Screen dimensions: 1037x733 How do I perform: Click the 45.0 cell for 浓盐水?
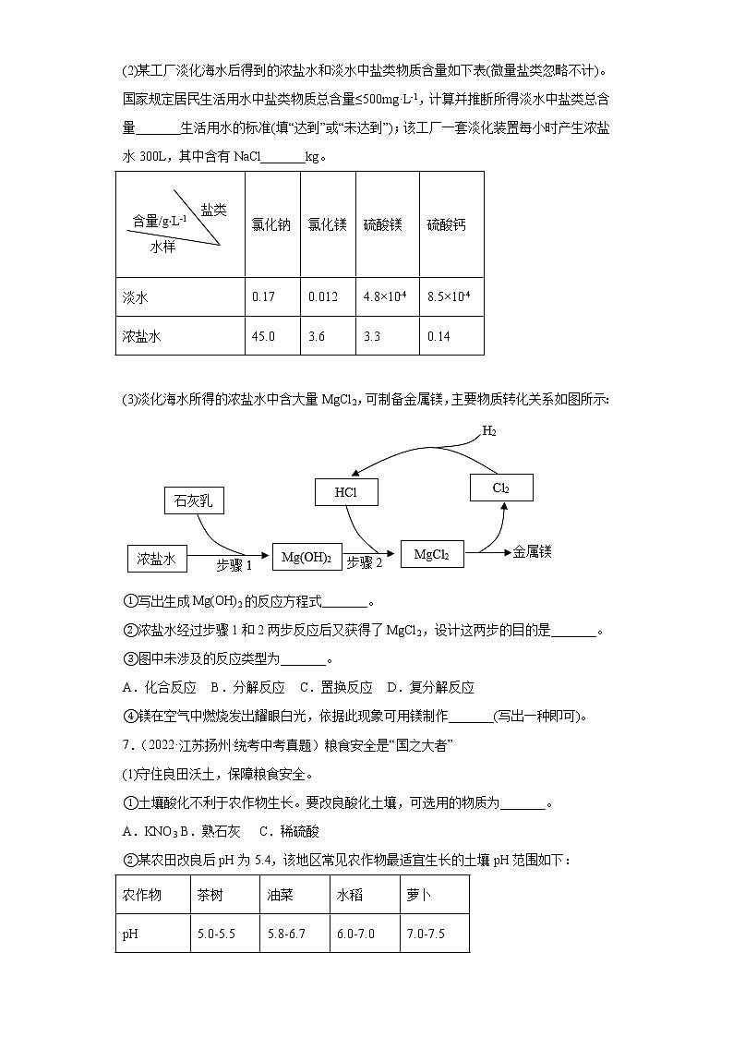(263, 336)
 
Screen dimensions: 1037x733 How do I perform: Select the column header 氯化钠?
(270, 224)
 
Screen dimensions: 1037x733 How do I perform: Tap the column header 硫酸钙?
(447, 224)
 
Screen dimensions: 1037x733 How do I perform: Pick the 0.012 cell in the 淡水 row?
(322, 297)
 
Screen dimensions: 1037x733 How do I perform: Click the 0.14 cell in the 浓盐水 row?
(439, 336)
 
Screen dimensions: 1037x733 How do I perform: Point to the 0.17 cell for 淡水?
(263, 297)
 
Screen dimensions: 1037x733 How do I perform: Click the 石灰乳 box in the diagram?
(193, 500)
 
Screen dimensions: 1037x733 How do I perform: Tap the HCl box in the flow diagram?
(346, 493)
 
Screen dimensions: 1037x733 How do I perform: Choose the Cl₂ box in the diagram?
(501, 488)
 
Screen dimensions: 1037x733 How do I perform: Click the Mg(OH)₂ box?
(306, 557)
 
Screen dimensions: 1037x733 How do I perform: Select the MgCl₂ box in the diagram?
(431, 554)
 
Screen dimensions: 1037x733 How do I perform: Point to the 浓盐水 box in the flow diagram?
(157, 558)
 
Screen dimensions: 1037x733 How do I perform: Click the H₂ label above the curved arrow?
(489, 431)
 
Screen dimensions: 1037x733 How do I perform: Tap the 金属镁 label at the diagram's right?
(532, 551)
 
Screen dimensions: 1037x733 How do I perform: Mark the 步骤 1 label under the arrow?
(234, 565)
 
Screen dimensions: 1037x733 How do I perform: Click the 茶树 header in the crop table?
(210, 895)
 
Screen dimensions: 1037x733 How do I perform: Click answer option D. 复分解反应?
(429, 687)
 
